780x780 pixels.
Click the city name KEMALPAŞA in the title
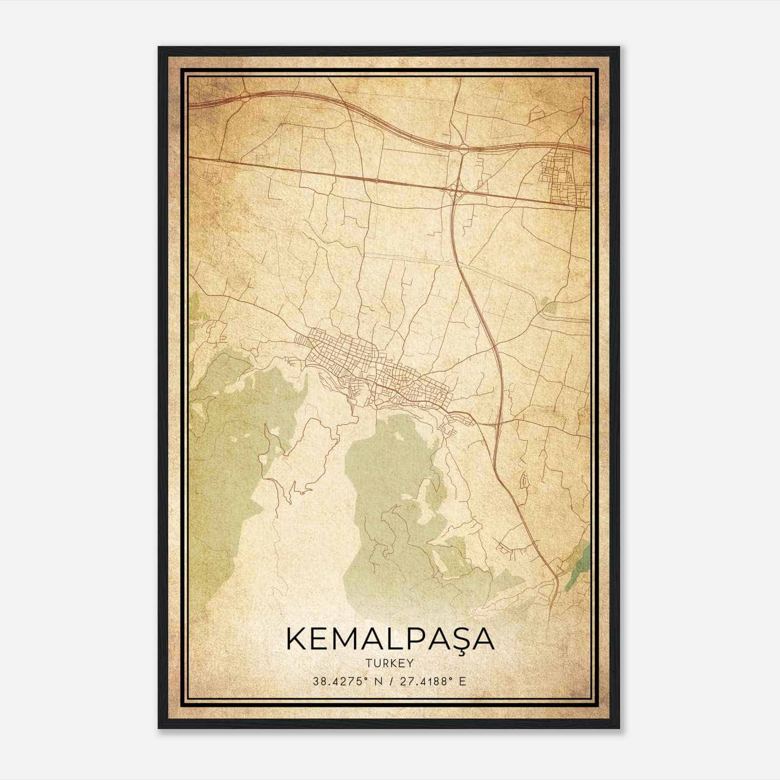point(390,640)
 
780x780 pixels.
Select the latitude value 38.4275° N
point(347,681)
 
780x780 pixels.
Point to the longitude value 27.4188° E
point(433,681)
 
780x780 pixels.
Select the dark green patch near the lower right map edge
point(580,565)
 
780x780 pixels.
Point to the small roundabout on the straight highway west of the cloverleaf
point(377,180)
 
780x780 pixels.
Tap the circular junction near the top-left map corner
point(244,97)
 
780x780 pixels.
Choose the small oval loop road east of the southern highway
point(525,480)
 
